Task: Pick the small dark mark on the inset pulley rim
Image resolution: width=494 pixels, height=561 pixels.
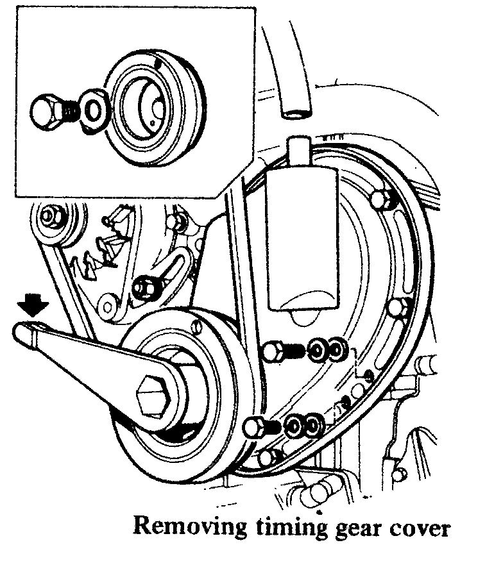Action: [159, 63]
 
